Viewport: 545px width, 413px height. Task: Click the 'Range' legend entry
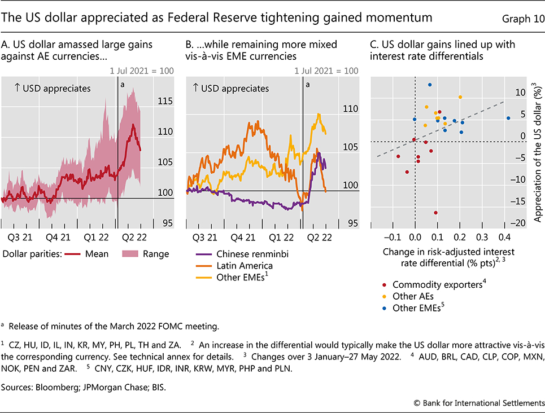tap(156, 254)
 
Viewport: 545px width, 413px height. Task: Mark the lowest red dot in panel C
tap(435, 213)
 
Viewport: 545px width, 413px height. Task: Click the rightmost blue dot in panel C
tap(508, 118)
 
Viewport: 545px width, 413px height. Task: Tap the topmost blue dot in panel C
tap(430, 85)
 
